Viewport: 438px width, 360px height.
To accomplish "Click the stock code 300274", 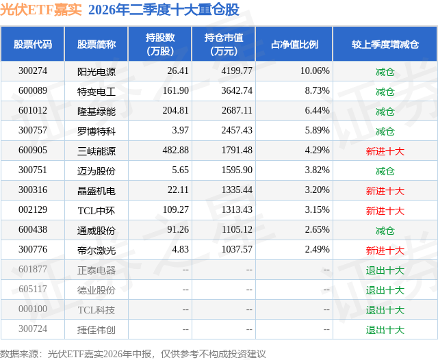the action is pyautogui.click(x=33, y=71).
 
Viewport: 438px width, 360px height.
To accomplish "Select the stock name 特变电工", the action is pyautogui.click(x=96, y=92).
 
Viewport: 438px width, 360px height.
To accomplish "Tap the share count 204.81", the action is pyautogui.click(x=175, y=111).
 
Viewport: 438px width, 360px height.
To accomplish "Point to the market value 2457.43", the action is pyautogui.click(x=237, y=131).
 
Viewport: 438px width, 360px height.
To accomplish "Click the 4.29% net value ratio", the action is pyautogui.click(x=317, y=151).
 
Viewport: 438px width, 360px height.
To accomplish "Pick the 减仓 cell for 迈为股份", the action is pyautogui.click(x=385, y=171).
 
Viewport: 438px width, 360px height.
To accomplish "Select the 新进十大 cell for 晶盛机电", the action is pyautogui.click(x=385, y=191).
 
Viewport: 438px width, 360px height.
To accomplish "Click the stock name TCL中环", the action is pyautogui.click(x=96, y=211).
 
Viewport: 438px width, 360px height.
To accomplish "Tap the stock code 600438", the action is pyautogui.click(x=33, y=229).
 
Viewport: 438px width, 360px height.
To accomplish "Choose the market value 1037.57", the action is pyautogui.click(x=237, y=249).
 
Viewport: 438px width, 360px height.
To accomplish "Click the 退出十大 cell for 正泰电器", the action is pyautogui.click(x=385, y=270).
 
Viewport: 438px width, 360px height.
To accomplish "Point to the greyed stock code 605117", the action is pyautogui.click(x=33, y=289).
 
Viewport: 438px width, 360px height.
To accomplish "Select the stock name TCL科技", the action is pyautogui.click(x=96, y=310).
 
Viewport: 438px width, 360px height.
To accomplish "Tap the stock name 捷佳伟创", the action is pyautogui.click(x=96, y=330).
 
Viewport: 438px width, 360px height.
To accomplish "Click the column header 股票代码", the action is pyautogui.click(x=33, y=44).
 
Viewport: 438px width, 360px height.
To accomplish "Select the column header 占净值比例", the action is pyautogui.click(x=294, y=44).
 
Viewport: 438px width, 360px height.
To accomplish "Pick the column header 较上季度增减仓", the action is pyautogui.click(x=385, y=44).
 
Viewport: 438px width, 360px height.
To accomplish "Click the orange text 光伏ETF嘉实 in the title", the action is pyautogui.click(x=41, y=10).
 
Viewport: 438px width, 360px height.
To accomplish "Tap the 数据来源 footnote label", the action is pyautogui.click(x=19, y=354).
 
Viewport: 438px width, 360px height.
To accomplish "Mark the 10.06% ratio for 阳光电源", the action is pyautogui.click(x=315, y=71).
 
